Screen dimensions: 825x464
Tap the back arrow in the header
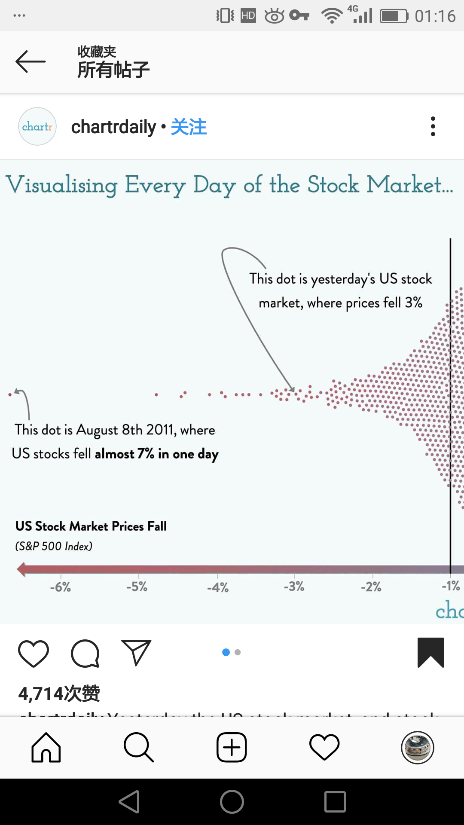[x=30, y=62]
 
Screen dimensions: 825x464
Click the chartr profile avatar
[x=37, y=126]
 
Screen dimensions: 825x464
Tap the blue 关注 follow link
[x=189, y=127]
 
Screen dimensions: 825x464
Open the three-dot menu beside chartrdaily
[x=433, y=126]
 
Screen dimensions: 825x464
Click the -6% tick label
[x=60, y=587]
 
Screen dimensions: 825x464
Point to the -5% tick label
[x=137, y=587]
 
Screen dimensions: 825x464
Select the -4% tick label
[x=217, y=587]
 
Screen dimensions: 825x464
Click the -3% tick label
[x=294, y=587]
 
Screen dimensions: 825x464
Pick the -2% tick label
[x=371, y=587]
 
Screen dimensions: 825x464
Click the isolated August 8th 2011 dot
[x=10, y=394]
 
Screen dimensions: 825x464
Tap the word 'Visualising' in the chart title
[x=61, y=185]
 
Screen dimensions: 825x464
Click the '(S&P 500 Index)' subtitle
[x=54, y=546]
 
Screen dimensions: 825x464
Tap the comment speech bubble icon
[x=85, y=653]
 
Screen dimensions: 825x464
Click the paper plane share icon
[x=136, y=653]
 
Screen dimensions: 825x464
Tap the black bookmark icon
[x=430, y=652]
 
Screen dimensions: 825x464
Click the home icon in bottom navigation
[x=46, y=748]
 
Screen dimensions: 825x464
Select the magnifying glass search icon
[x=138, y=748]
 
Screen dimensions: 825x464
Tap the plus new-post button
[x=232, y=748]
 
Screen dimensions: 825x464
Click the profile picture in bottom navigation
[x=417, y=748]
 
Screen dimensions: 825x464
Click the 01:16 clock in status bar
[x=435, y=16]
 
